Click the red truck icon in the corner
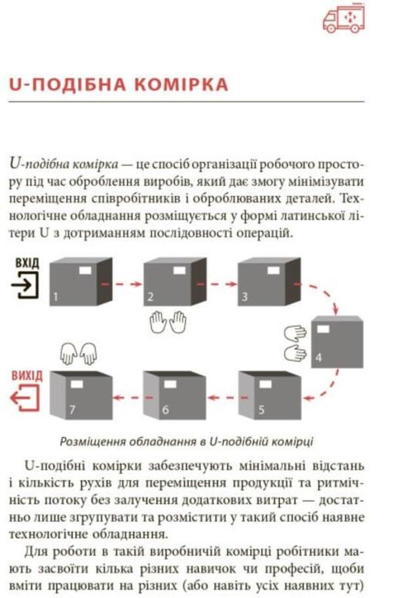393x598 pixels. [x=344, y=19]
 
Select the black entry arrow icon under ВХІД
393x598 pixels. [x=26, y=286]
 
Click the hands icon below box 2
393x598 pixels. [x=168, y=322]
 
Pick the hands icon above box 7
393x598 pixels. [x=78, y=354]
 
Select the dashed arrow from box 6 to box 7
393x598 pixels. [x=127, y=398]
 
